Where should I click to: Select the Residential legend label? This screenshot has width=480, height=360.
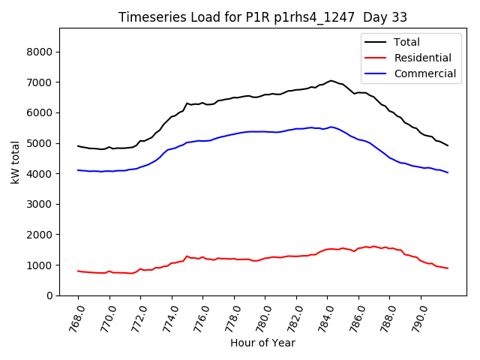point(422,58)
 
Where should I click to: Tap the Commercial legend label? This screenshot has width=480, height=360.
point(424,73)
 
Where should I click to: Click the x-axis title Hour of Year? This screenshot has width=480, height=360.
point(263,343)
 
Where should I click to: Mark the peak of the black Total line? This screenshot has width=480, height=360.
point(331,80)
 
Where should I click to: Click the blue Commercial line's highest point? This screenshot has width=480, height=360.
point(331,127)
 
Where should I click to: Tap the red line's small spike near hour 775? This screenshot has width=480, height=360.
point(187,256)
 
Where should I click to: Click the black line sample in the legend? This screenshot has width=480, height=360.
point(376,43)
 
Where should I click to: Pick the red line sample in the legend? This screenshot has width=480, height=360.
point(376,58)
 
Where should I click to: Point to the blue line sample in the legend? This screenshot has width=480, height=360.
point(376,73)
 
